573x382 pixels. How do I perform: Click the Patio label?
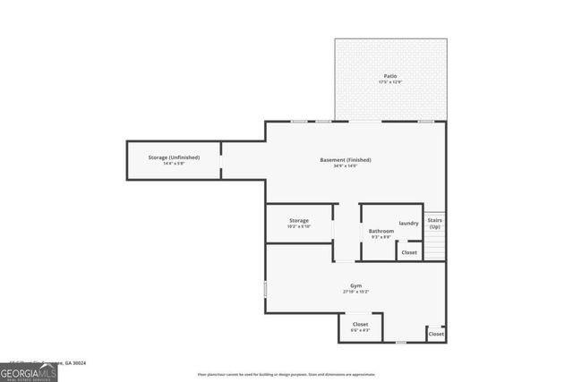(390, 76)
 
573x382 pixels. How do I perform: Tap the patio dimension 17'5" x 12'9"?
(390, 83)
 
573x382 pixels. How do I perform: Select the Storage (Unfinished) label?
(174, 157)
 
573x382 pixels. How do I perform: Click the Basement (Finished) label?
(345, 159)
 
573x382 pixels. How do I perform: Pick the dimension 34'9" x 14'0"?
(345, 166)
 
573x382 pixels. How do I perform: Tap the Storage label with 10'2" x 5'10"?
(299, 220)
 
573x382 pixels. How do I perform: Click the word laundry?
(409, 223)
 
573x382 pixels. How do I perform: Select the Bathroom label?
(381, 231)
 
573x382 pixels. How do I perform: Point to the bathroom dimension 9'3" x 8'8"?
(381, 238)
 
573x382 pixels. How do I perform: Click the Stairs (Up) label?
(434, 223)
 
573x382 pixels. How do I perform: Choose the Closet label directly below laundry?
(409, 252)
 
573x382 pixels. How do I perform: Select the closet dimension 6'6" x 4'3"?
(360, 331)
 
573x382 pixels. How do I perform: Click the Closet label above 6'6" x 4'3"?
(360, 324)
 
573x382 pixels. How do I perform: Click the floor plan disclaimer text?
(286, 374)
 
